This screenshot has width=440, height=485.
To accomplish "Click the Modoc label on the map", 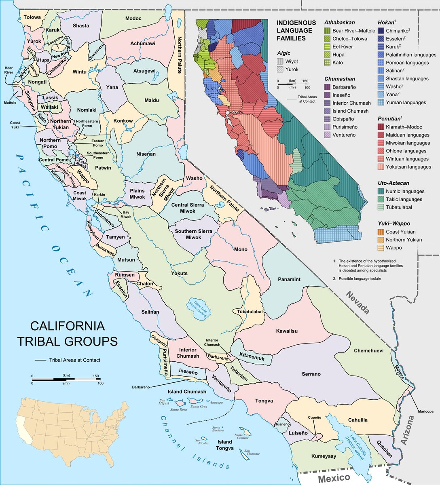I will (x=133, y=19).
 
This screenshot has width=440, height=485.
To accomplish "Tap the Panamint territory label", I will (x=289, y=279).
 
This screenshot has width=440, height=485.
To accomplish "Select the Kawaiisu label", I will (x=287, y=331).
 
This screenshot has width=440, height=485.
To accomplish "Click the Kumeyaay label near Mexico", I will (x=324, y=456).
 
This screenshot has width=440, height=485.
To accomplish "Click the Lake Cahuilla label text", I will (x=356, y=443).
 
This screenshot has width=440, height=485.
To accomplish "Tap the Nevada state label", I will (x=357, y=303).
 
